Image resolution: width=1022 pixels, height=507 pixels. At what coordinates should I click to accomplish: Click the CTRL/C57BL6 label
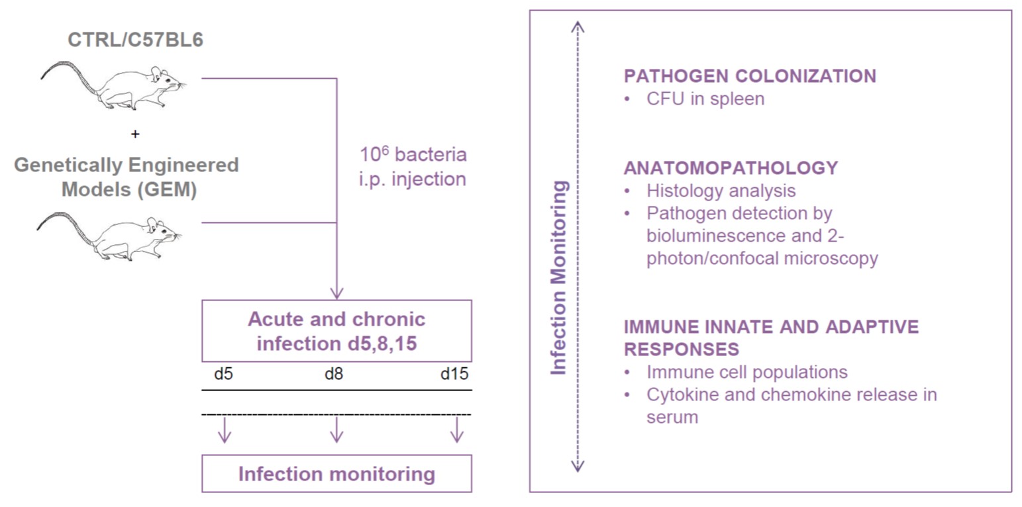pyautogui.click(x=136, y=40)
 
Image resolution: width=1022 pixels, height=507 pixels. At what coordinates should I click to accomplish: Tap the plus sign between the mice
pyautogui.click(x=135, y=134)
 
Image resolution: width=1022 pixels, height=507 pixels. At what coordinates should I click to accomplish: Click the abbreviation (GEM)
pyautogui.click(x=168, y=189)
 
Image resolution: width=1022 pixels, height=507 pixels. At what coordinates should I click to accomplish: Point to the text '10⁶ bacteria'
pyautogui.click(x=413, y=154)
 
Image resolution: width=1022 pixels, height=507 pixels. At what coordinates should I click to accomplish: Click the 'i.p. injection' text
pyautogui.click(x=413, y=179)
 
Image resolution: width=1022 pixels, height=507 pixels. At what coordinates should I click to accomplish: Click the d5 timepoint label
pyautogui.click(x=224, y=374)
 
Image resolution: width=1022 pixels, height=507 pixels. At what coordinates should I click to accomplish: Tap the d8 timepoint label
pyautogui.click(x=334, y=374)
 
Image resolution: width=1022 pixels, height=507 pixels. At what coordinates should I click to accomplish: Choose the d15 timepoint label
pyautogui.click(x=454, y=374)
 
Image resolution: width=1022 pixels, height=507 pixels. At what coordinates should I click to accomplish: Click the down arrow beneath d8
pyautogui.click(x=336, y=430)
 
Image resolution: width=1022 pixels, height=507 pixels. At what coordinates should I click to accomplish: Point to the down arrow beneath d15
pyautogui.click(x=457, y=430)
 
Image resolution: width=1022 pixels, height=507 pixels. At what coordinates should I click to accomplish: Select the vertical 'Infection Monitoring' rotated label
pyautogui.click(x=558, y=278)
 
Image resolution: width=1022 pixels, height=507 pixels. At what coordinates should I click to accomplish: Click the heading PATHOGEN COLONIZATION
pyautogui.click(x=750, y=76)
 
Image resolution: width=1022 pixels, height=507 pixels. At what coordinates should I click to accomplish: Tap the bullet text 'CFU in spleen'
pyautogui.click(x=705, y=99)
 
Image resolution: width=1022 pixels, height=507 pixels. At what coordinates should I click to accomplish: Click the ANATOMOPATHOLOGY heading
pyautogui.click(x=731, y=167)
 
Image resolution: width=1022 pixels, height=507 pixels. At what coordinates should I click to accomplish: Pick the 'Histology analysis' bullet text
pyautogui.click(x=721, y=191)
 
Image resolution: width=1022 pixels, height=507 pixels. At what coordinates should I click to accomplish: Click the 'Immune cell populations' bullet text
pyautogui.click(x=747, y=372)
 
